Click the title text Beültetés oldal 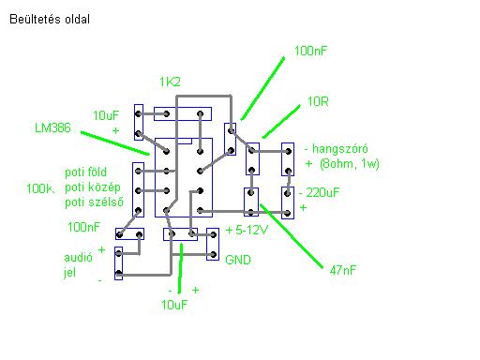(50, 19)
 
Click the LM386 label (52, 127)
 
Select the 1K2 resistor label (170, 82)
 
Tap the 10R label (318, 101)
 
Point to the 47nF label (343, 270)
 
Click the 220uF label (322, 192)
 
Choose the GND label (238, 260)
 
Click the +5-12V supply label (247, 230)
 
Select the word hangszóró (340, 149)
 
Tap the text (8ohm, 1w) (350, 164)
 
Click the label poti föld (85, 172)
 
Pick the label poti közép (93, 187)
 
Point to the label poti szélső (94, 202)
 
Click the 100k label (39, 188)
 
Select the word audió (78, 258)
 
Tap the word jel (69, 273)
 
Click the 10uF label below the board (174, 305)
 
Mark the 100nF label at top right (310, 51)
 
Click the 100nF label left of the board (83, 227)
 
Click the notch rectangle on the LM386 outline (185, 142)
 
